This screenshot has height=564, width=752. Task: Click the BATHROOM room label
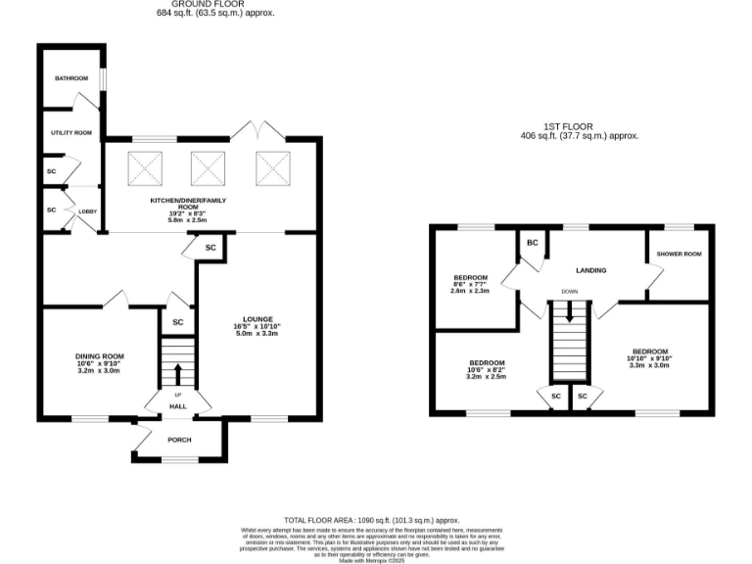coord(70,78)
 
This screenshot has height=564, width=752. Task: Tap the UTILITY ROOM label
coord(70,132)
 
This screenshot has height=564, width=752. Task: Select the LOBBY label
coord(87,211)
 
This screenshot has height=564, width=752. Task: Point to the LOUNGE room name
coord(258,319)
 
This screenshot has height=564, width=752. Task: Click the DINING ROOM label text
coord(98,355)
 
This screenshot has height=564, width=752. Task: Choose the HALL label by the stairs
coord(178,406)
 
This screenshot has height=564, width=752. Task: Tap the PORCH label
coord(179,440)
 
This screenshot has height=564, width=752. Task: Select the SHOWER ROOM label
coord(680,255)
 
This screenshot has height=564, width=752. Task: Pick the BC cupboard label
coord(533,242)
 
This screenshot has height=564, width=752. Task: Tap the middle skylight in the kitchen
coord(208,168)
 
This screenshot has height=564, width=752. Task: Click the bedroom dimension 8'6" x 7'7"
coord(471,284)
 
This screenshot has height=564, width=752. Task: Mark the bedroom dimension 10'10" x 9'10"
coord(649,358)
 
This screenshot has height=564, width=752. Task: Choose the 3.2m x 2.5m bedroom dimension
coord(486,376)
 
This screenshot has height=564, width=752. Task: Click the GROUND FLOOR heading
coord(215,5)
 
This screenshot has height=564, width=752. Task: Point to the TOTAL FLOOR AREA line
coord(371,520)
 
